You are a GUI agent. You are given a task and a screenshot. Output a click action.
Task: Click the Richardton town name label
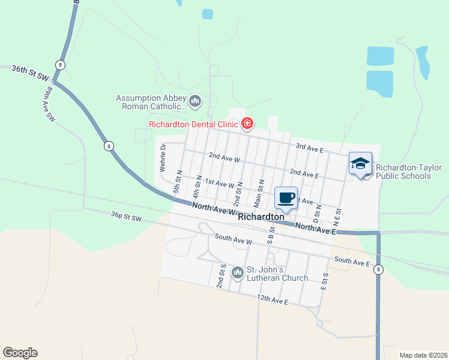(x=261, y=217)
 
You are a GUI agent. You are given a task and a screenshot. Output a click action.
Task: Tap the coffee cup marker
(x=286, y=197)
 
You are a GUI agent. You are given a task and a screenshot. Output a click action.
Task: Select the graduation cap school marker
(x=360, y=163)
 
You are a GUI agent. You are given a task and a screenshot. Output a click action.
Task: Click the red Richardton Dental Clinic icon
(x=247, y=124)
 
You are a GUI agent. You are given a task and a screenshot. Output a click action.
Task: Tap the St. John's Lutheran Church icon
(x=237, y=274)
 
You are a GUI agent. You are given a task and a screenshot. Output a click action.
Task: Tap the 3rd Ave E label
(x=309, y=147)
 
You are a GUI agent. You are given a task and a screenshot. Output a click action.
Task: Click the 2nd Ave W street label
(x=224, y=157)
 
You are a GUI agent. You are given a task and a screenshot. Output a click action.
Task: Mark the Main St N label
(x=259, y=192)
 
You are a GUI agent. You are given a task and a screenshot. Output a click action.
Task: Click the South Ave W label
(x=233, y=241)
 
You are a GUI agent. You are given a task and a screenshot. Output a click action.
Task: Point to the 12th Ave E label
(x=273, y=299)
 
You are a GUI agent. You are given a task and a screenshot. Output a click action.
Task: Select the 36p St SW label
(x=126, y=216)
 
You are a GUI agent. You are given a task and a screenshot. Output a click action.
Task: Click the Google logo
(x=20, y=353)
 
